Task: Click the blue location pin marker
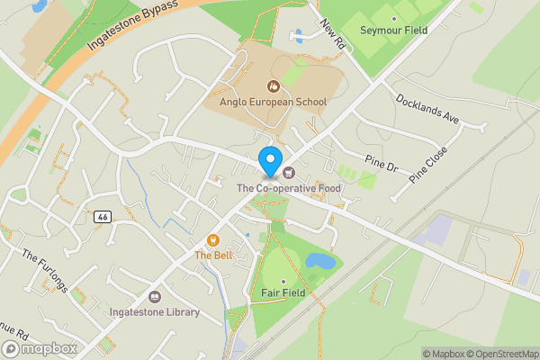(269, 161)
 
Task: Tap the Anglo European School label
(266, 103)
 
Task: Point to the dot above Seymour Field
(393, 16)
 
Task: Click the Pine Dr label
(381, 166)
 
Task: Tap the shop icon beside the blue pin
(288, 172)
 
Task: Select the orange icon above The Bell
(213, 239)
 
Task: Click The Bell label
(213, 256)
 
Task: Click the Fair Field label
(283, 293)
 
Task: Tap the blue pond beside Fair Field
(319, 262)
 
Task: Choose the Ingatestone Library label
(154, 313)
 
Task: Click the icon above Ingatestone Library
(154, 297)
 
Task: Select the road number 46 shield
(103, 217)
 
